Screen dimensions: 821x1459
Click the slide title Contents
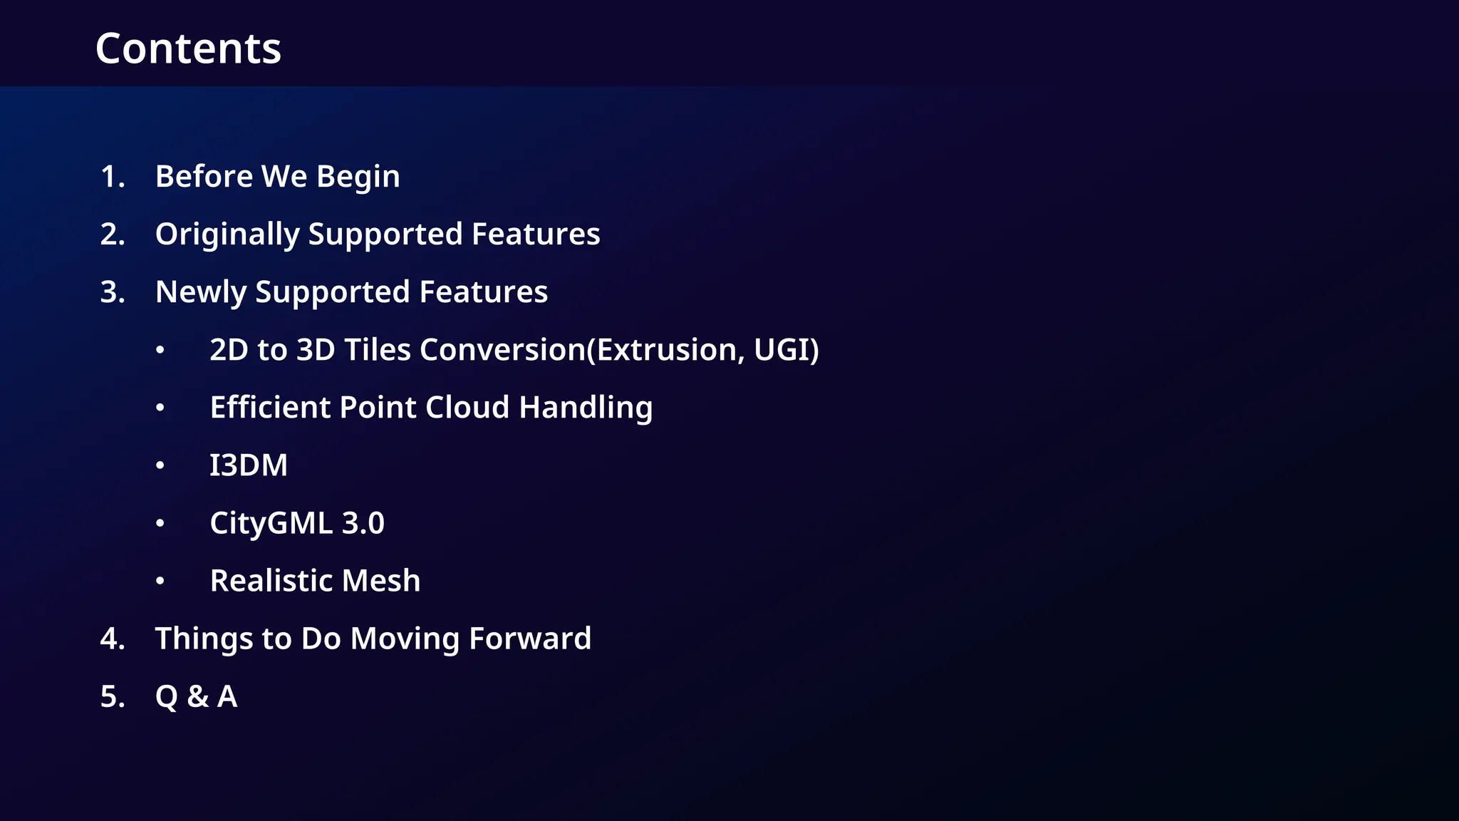[188, 48]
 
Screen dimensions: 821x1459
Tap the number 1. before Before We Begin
[113, 177]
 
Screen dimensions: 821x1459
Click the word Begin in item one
[358, 177]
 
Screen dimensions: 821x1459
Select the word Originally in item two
[227, 234]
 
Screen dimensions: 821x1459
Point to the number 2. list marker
[113, 234]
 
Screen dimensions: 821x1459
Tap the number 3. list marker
[113, 292]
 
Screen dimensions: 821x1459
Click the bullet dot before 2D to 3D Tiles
[160, 350]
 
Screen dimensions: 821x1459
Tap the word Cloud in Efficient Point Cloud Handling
[467, 408]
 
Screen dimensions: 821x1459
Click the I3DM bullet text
[249, 465]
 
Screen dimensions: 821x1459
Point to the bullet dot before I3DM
[160, 465]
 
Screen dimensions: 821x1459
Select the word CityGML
[271, 523]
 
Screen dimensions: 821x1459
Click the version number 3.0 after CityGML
[363, 523]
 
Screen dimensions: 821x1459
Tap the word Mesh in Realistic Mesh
[381, 581]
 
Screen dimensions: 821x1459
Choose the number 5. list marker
[113, 696]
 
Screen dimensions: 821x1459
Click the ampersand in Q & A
[198, 696]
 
